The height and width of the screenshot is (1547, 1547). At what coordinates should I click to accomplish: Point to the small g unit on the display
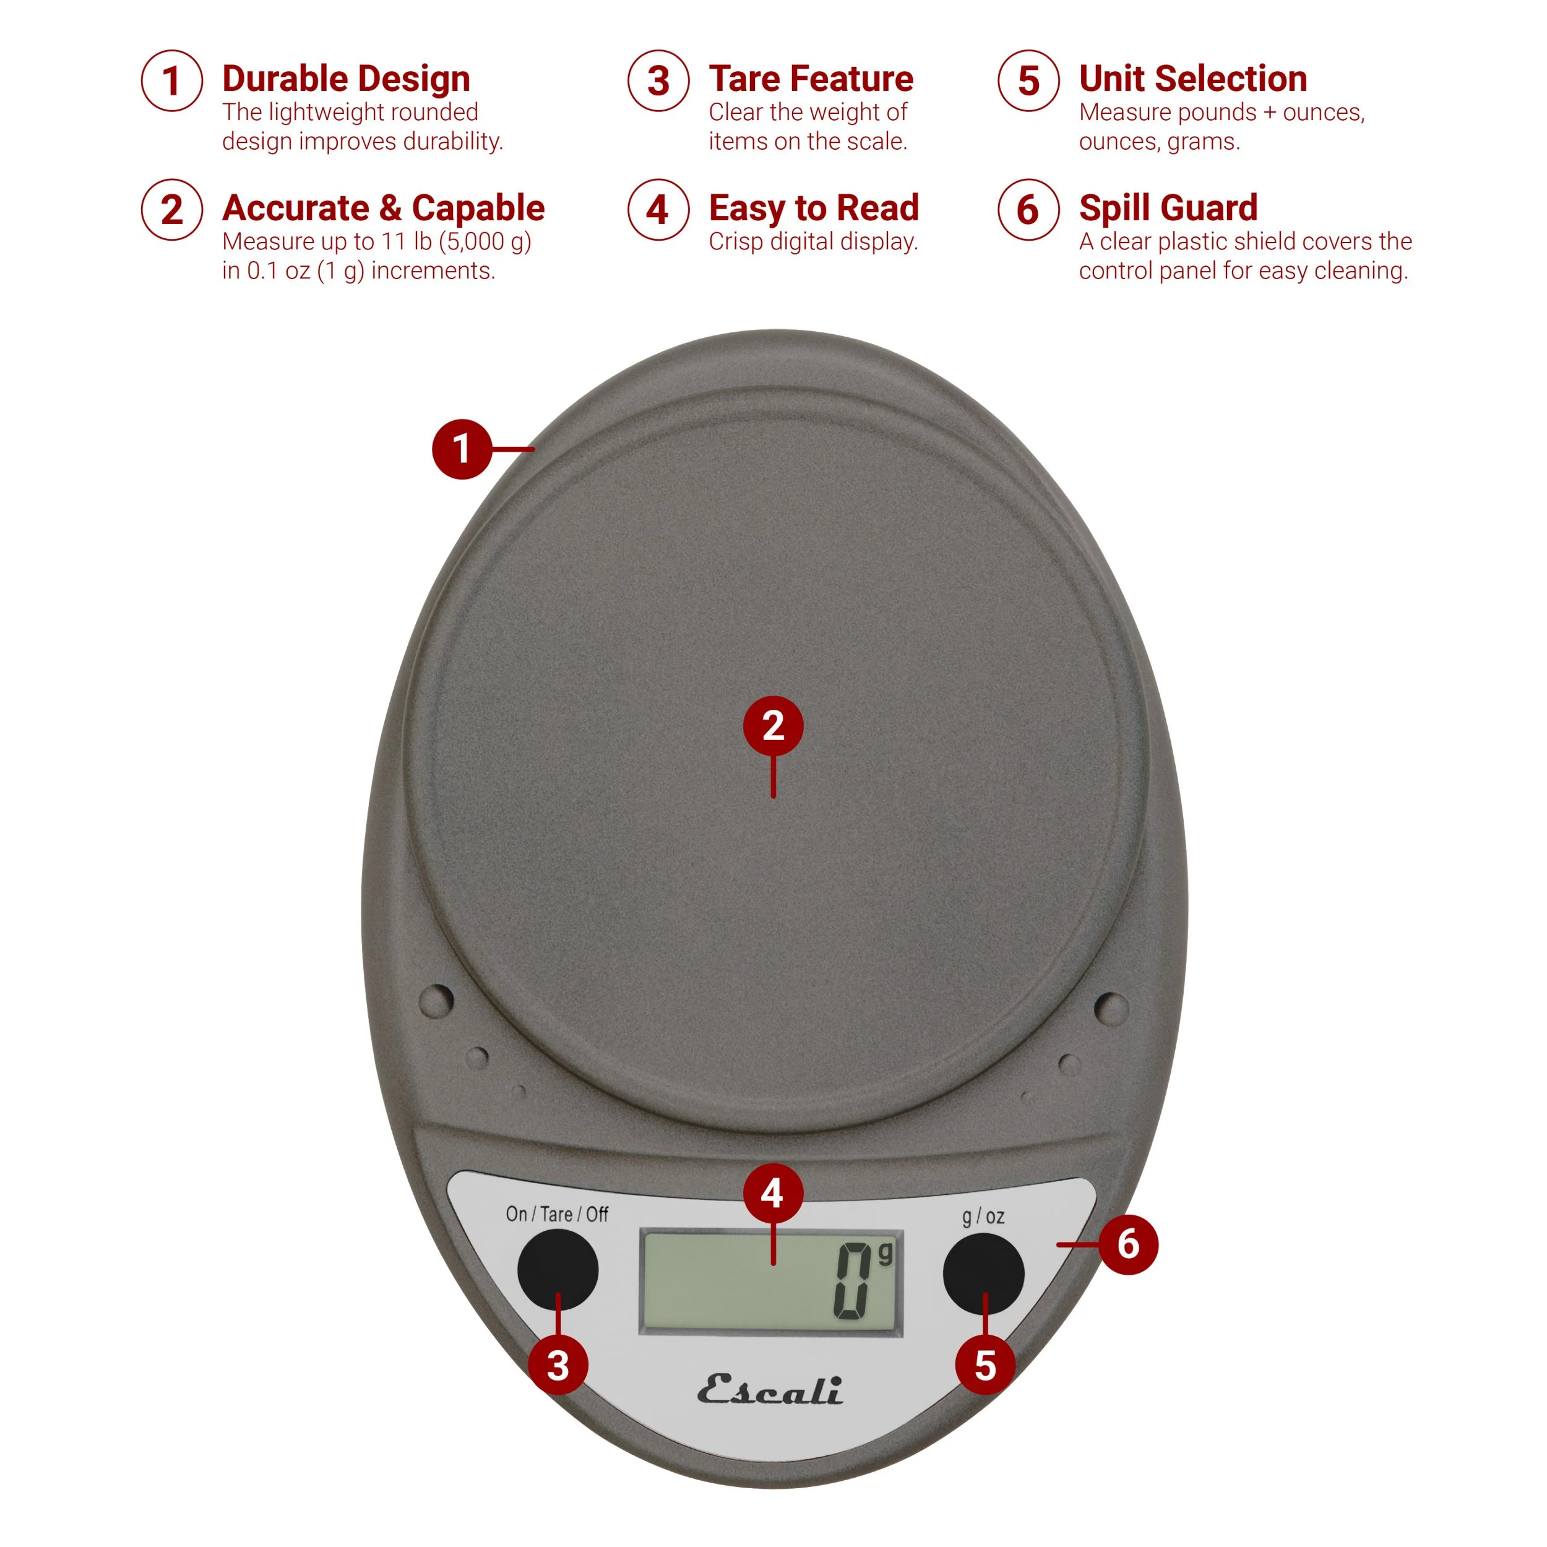coord(884,1254)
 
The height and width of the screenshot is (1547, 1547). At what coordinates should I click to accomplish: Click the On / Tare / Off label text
coord(556,1214)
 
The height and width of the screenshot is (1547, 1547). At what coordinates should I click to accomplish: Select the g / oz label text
coord(983,1217)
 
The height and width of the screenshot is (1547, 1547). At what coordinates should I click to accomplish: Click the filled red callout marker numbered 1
coord(461,449)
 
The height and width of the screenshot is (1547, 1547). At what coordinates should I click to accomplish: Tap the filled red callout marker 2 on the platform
coord(773,725)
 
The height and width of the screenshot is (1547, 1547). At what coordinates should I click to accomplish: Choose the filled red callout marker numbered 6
coord(1127,1244)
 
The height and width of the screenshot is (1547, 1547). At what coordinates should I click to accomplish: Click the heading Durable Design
coord(346,79)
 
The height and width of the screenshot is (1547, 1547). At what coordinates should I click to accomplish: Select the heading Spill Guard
coord(1168,208)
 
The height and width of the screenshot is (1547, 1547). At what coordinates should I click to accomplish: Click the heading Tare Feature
coord(811,79)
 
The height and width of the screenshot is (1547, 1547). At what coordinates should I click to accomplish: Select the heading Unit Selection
coord(1192,79)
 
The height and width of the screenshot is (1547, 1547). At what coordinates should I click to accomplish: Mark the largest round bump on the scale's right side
coord(1111,1007)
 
